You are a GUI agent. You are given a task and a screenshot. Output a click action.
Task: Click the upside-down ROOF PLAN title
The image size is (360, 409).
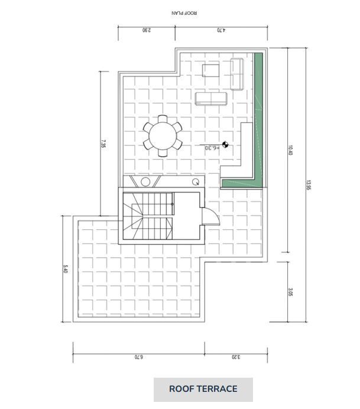pos(184,12)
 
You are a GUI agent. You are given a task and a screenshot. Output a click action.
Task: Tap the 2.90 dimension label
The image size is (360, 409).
pos(147,31)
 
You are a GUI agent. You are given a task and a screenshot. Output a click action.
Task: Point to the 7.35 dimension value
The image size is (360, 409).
pos(103,144)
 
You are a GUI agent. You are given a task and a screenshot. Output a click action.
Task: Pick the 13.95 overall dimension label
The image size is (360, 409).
pos(309,185)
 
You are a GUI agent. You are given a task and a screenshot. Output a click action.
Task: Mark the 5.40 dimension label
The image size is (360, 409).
pos(65,270)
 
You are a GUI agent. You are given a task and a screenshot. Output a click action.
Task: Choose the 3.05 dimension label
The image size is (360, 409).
pos(291,292)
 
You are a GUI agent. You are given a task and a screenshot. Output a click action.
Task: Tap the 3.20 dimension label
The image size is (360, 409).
pos(235,357)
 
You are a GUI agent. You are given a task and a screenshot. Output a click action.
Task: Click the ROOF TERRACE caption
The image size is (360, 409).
pos(203,389)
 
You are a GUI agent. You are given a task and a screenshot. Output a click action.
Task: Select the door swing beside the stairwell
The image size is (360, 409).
pos(211,219)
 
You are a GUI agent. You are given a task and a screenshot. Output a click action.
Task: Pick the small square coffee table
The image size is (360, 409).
pos(211,71)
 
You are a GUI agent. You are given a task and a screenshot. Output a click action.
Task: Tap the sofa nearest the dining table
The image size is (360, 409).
pos(211,99)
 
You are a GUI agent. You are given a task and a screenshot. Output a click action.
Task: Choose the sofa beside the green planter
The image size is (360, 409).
pos(238,74)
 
